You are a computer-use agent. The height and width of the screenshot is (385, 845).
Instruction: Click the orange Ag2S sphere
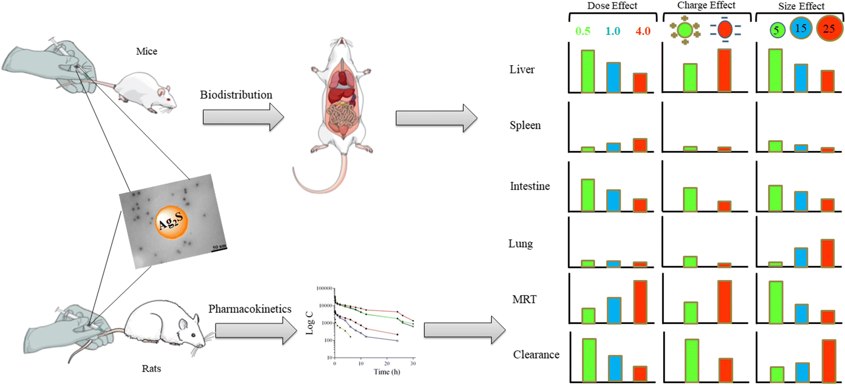[x=172, y=222]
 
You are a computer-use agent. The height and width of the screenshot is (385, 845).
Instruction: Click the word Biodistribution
[x=236, y=95]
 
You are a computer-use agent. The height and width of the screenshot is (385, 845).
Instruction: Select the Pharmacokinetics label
[x=249, y=309]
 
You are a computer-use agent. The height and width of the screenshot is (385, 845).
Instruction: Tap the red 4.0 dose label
[x=643, y=31]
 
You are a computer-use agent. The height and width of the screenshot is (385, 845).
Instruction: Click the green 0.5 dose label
[x=583, y=31]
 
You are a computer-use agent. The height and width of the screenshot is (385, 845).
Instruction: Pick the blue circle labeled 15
[x=801, y=28]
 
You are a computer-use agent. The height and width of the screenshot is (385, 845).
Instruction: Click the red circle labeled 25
[x=829, y=28]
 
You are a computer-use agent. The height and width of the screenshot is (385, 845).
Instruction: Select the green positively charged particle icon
[x=685, y=30]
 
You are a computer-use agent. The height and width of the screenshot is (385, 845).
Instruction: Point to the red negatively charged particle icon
[x=725, y=30]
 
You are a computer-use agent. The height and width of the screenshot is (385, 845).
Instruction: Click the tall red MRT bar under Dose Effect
[x=640, y=302]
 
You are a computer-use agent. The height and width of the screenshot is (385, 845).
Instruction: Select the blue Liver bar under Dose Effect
[x=614, y=77]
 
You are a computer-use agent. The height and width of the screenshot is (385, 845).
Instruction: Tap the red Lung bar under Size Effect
[x=827, y=253]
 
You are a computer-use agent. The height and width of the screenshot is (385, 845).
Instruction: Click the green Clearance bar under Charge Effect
[x=692, y=360]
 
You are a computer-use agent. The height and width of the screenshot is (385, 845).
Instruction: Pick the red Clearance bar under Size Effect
[x=829, y=361]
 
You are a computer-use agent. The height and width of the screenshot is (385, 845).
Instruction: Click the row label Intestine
[x=530, y=186]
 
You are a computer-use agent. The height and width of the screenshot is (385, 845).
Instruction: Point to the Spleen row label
[x=525, y=125]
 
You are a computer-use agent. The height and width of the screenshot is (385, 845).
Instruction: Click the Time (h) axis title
[x=386, y=372]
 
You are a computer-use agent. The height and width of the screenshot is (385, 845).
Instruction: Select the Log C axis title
[x=309, y=323]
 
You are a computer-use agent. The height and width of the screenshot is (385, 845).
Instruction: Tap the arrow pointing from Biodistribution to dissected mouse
[x=243, y=117]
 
